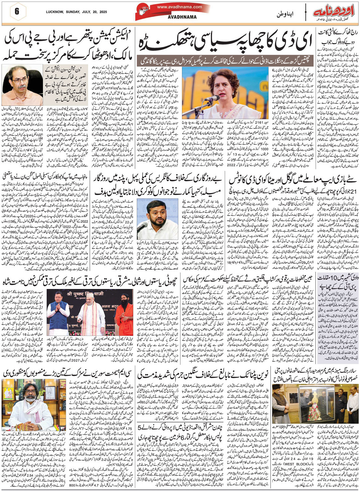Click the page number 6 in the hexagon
pos(16,11)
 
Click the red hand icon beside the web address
pos(144,10)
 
